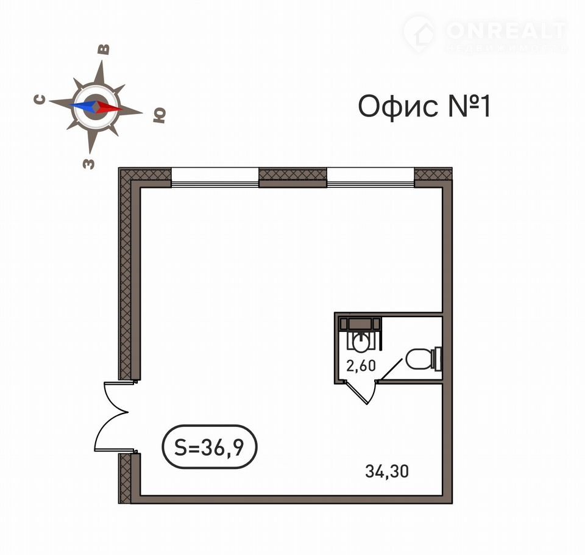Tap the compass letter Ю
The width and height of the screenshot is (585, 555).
160,115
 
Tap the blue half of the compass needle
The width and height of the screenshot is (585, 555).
83,106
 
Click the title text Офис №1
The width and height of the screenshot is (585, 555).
424,106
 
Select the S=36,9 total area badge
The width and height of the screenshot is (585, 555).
209,446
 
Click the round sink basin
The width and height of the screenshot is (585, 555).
360,342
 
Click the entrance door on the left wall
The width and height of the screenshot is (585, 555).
111,418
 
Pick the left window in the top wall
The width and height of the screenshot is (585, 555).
215,177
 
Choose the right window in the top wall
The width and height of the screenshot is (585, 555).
370,177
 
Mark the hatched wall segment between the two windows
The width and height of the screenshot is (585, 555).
293,177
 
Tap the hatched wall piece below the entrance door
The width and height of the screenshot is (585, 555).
126,478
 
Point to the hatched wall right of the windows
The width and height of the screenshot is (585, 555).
433,177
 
